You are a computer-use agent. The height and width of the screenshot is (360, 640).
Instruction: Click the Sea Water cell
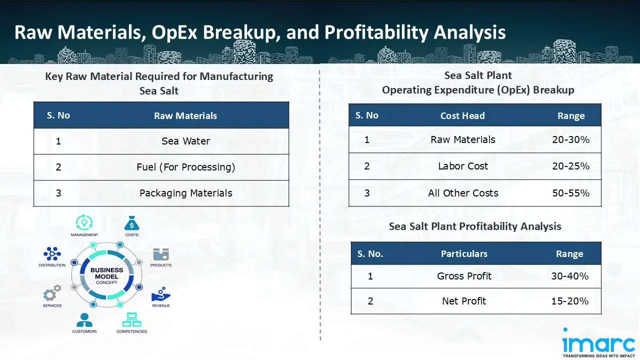[185, 141]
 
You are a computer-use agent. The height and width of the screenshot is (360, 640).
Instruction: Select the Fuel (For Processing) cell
[185, 167]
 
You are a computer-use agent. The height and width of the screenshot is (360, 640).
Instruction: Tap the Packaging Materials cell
[185, 193]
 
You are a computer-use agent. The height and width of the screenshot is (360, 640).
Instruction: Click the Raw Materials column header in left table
[185, 116]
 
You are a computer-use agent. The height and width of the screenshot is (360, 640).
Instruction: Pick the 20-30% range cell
[570, 140]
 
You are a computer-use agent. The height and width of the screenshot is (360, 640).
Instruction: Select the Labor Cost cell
[463, 166]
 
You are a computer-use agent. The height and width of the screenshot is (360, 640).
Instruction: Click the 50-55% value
[570, 193]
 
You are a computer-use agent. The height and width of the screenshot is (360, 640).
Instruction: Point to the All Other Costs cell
[463, 193]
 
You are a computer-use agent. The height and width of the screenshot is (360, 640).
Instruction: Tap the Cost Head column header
[462, 116]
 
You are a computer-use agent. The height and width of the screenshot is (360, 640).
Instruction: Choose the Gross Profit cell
[464, 276]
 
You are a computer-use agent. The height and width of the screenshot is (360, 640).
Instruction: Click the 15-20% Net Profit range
[569, 301]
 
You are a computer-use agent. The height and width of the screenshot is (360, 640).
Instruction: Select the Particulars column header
[464, 254]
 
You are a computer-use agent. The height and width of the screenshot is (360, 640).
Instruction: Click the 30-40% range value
[569, 276]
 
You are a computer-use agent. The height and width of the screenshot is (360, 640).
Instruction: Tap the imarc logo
[598, 343]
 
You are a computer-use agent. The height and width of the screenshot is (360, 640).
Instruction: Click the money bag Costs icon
[131, 223]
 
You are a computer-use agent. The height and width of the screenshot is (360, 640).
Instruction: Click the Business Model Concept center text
[106, 276]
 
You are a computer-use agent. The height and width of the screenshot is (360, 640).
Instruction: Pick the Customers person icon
[84, 320]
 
